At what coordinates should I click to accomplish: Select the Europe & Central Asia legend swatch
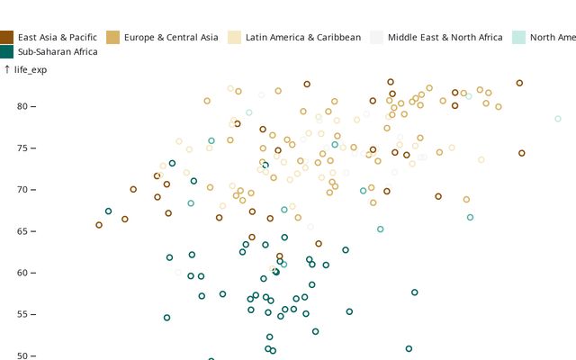[113, 37]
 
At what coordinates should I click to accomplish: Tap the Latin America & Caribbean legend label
[302, 37]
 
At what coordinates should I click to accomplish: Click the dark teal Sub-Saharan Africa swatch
[7, 51]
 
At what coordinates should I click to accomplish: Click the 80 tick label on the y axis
[23, 106]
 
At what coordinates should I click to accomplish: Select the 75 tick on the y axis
[23, 148]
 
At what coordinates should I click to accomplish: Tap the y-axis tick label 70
[23, 190]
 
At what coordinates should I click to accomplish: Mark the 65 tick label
[23, 231]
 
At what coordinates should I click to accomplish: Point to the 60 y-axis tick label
[23, 273]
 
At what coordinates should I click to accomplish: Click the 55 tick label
[23, 314]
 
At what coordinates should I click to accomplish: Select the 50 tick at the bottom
[23, 355]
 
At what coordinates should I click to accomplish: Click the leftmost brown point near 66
[99, 225]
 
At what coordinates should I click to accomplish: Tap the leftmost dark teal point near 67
[108, 211]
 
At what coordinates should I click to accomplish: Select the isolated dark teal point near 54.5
[166, 318]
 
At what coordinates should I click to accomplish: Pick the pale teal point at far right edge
[558, 119]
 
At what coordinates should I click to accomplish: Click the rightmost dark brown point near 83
[519, 83]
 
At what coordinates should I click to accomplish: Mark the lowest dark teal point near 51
[409, 348]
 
